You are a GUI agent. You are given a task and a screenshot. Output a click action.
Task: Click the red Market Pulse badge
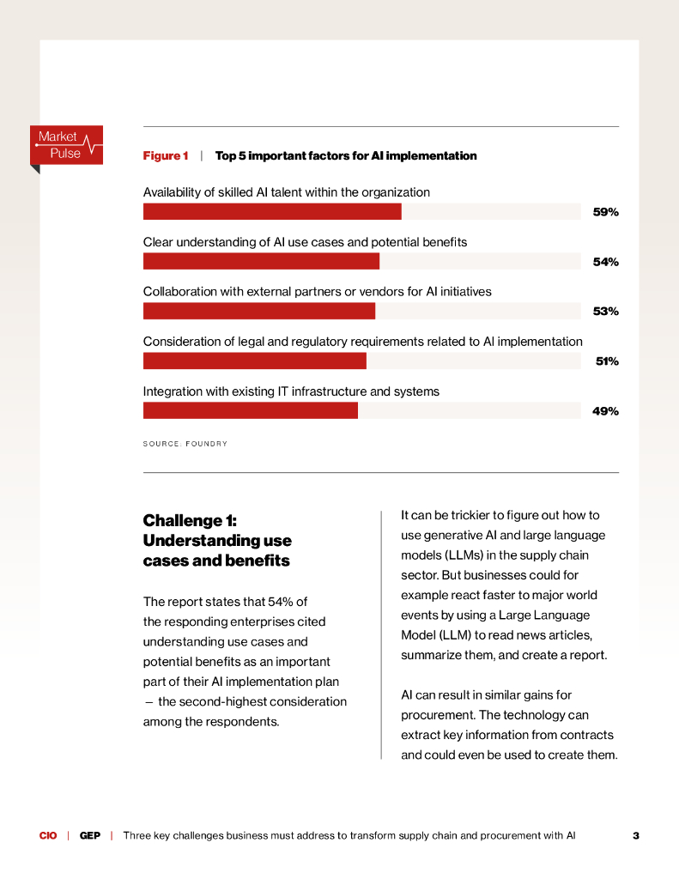click(67, 145)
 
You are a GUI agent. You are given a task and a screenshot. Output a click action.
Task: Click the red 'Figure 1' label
click(166, 156)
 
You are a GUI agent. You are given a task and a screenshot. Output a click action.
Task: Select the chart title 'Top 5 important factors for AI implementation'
click(346, 156)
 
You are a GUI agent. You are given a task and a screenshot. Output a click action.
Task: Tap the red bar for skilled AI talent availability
click(271, 211)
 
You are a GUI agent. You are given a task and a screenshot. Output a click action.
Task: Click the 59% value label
click(605, 212)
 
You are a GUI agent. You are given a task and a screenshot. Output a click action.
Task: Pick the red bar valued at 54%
click(261, 261)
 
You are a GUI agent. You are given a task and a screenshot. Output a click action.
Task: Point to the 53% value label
click(605, 312)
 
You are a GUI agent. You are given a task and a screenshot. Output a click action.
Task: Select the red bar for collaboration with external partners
click(258, 311)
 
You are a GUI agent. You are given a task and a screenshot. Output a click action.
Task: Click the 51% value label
click(607, 361)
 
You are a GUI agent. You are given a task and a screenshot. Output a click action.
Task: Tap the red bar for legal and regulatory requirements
click(254, 361)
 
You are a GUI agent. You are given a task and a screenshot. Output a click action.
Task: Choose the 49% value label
click(605, 411)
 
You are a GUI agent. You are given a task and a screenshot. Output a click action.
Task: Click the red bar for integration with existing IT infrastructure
click(250, 410)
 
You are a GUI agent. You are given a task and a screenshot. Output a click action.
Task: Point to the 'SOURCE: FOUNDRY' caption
click(185, 444)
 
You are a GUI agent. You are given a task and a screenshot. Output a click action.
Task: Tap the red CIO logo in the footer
click(48, 835)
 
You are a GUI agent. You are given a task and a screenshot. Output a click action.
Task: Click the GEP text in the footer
click(90, 835)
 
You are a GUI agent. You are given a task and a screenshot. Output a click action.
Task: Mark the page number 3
click(636, 835)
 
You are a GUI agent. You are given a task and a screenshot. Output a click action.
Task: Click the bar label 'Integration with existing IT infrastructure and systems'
click(291, 391)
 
